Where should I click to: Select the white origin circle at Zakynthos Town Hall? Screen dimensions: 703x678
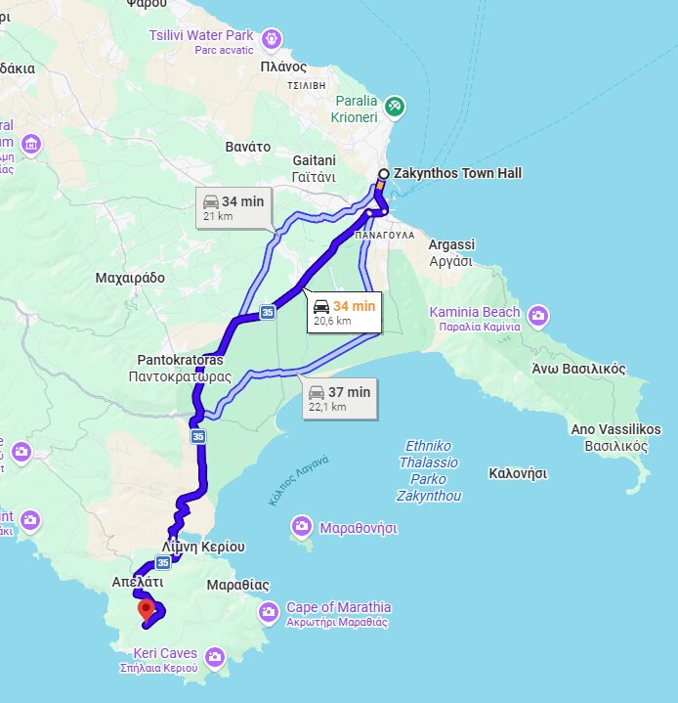pyautogui.click(x=384, y=174)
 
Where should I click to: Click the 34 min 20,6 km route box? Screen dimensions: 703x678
pyautogui.click(x=344, y=312)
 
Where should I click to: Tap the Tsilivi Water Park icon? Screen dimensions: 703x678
pyautogui.click(x=271, y=39)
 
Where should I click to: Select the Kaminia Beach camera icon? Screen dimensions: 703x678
pyautogui.click(x=537, y=316)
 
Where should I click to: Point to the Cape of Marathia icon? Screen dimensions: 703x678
pyautogui.click(x=268, y=612)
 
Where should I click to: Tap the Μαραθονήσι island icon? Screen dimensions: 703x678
pyautogui.click(x=302, y=528)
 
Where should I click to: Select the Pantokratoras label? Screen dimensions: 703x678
pyautogui.click(x=180, y=368)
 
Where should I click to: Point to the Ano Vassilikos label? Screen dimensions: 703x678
pyautogui.click(x=615, y=437)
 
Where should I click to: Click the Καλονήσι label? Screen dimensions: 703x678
pyautogui.click(x=517, y=473)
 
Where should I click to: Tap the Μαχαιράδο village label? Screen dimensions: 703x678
pyautogui.click(x=130, y=278)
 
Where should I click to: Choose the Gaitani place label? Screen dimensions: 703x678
pyautogui.click(x=314, y=168)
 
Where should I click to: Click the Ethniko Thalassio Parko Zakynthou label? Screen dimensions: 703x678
pyautogui.click(x=428, y=471)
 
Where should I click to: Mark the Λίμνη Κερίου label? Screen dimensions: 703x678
pyautogui.click(x=203, y=547)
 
